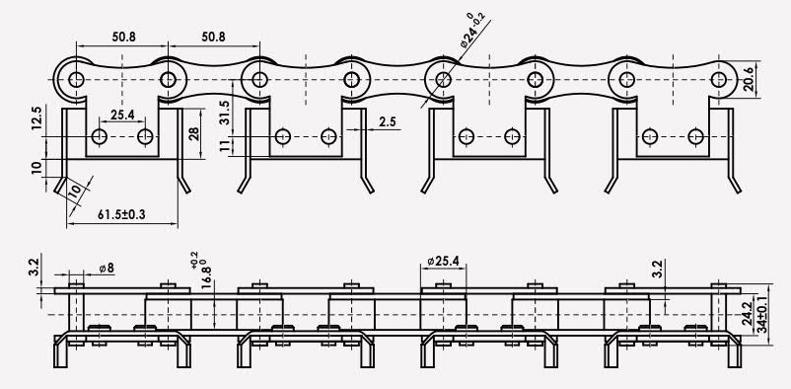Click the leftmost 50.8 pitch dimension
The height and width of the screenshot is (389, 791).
coord(123,37)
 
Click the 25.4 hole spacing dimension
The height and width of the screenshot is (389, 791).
coord(122,115)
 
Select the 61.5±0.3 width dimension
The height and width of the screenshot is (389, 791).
coord(121,214)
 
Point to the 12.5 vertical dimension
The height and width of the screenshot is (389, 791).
coord(36,118)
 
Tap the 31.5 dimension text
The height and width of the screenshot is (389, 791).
coord(225,113)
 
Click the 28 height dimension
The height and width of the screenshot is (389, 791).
coord(193,133)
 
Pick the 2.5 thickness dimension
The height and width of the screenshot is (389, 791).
coord(388,122)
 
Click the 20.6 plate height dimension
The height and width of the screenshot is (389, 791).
coord(749,79)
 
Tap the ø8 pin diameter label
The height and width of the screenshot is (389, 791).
coord(107,268)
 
